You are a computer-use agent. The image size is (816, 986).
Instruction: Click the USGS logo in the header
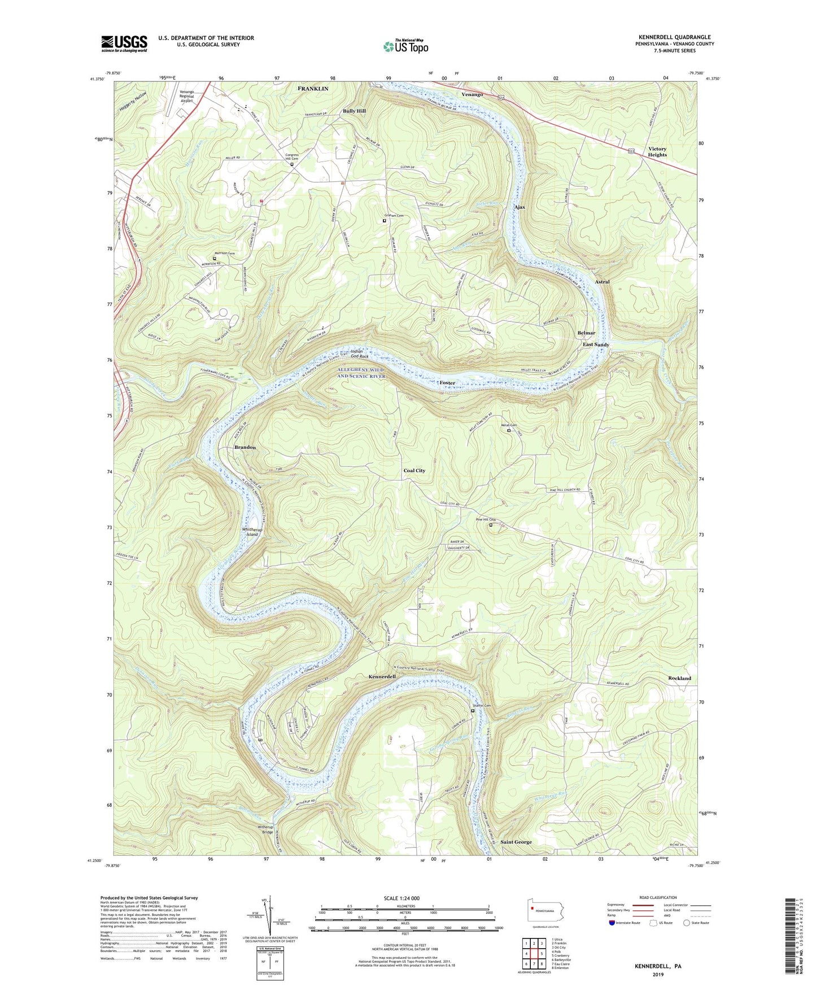point(124,43)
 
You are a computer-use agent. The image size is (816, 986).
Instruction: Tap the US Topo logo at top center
point(405,46)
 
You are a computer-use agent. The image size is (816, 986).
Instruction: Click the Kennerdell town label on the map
point(382,676)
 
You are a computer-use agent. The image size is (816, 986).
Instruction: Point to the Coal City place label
point(414,470)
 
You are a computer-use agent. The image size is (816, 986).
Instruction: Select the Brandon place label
point(245,447)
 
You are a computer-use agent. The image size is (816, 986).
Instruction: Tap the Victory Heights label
point(657,152)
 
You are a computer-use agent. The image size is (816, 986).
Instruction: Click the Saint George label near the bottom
point(516,842)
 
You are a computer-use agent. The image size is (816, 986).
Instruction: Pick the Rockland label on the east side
point(679,678)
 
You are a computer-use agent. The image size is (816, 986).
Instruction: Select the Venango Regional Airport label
point(186,96)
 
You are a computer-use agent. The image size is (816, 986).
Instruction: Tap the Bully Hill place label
point(354,111)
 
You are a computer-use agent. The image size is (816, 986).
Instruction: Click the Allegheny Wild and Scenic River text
point(361,373)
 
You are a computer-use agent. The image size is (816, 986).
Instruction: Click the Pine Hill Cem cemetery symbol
point(490,525)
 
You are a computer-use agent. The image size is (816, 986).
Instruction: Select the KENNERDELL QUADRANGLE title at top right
point(674,37)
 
